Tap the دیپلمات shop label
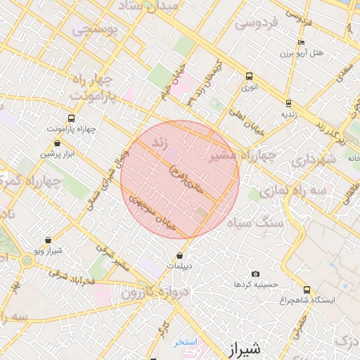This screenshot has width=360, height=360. (x=181, y=266)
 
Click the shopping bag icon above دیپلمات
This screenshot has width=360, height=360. (x=181, y=255)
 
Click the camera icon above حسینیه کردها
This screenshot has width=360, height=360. (x=255, y=274)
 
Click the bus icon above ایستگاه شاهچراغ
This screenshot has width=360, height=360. (x=306, y=289)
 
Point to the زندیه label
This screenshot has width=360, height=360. (x=289, y=112)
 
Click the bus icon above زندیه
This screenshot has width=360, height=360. (x=288, y=102)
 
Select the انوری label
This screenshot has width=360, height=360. (x=250, y=88)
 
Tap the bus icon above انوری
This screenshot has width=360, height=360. (x=249, y=77)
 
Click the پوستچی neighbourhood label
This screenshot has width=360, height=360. (x=92, y=30)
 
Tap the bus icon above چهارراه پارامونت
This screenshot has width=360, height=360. (x=70, y=118)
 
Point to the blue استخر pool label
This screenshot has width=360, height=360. (x=187, y=342)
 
